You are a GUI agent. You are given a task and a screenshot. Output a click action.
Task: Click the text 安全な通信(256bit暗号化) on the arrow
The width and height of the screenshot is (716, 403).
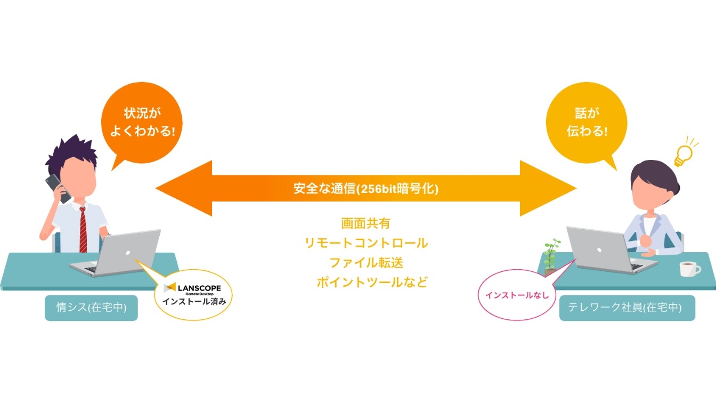coord(366,189)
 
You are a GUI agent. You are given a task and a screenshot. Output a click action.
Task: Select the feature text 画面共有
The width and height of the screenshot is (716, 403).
coord(366,223)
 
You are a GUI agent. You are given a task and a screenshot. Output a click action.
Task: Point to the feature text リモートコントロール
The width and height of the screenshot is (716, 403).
coord(366,243)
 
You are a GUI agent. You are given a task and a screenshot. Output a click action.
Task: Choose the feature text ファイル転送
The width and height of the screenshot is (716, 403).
coord(366,262)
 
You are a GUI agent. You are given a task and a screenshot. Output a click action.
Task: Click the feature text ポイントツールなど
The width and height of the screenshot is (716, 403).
coord(372,282)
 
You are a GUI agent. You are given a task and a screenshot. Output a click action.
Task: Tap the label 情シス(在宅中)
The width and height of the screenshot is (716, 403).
coord(91,308)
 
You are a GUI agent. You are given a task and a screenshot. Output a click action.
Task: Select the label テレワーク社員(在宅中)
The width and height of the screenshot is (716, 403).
coord(627,308)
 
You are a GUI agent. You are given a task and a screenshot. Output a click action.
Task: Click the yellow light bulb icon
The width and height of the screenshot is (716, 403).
coord(683,154)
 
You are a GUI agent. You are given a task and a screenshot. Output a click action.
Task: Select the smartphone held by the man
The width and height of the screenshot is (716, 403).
coord(58,188)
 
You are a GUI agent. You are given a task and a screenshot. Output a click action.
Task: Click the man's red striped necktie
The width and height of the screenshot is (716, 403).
coord(83,229)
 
